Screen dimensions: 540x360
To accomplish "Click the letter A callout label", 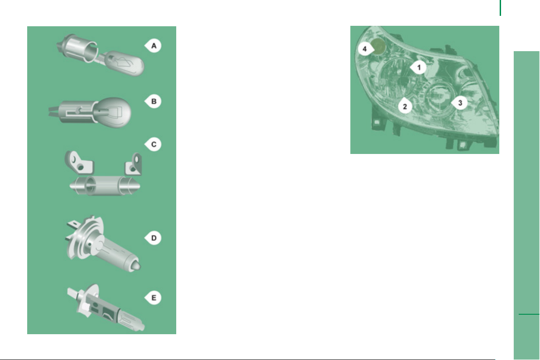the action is (x=153, y=46).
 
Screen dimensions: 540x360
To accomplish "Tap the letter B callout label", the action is (x=153, y=101).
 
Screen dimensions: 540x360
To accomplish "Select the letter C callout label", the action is (x=153, y=144).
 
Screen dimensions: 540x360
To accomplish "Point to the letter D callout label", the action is (x=153, y=238).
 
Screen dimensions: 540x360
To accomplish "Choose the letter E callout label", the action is (x=153, y=298).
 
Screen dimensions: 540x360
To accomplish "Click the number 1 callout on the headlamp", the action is (x=419, y=67).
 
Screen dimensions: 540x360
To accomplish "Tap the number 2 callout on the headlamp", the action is (x=405, y=106).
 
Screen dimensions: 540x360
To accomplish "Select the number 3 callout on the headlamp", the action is (x=459, y=103).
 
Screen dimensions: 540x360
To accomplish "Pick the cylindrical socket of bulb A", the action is (x=78, y=48).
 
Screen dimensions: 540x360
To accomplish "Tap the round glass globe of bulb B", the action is (x=114, y=112).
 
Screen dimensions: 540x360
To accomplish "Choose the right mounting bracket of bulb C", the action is (x=133, y=164).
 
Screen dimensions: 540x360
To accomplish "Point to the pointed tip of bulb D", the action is (x=136, y=266).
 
